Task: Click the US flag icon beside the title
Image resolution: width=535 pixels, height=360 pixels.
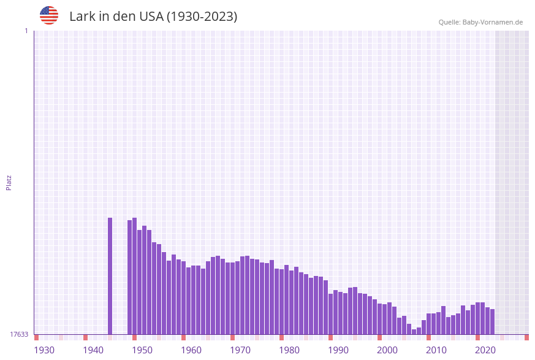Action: point(49,15)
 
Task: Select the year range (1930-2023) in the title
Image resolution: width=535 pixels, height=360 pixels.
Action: point(202,17)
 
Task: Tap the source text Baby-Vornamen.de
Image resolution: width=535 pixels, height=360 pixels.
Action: point(493,22)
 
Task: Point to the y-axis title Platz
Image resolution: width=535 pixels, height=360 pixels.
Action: point(9,182)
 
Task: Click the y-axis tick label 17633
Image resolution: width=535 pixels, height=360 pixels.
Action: point(19,334)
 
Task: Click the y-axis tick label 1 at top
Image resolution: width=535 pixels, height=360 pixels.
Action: point(26,31)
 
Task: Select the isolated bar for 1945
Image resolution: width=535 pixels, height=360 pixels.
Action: point(110,276)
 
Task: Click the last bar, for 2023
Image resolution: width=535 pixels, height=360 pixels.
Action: point(492,321)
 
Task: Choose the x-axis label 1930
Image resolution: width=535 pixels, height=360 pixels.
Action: point(44,350)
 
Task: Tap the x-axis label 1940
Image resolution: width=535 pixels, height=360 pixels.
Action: point(93,350)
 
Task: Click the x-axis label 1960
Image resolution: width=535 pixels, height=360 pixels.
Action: point(191,350)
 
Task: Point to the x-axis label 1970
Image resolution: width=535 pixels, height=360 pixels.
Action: point(240,350)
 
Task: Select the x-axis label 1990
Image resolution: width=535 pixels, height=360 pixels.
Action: point(338,350)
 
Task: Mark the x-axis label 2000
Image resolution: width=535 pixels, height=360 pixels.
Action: point(387,350)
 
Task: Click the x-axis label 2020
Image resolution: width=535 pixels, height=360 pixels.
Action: point(485,350)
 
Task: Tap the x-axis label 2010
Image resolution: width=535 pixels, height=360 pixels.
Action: point(436,350)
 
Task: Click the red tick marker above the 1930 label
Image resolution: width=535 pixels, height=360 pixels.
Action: point(37,337)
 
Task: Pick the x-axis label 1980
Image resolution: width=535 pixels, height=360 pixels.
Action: point(289,350)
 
